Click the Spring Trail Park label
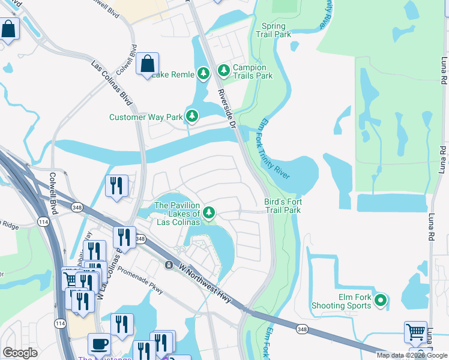coord(277,30)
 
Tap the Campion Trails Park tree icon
coord(224,71)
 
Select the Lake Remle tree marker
coord(203,74)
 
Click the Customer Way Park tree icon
coord(191,116)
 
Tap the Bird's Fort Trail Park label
coord(282,206)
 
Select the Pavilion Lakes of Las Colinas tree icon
coord(209,212)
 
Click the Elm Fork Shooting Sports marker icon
coord(379,300)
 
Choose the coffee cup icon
coord(100,344)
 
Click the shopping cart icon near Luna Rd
coord(415,332)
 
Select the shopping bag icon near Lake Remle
coord(147,64)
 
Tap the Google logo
coord(20,353)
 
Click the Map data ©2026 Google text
coord(412,355)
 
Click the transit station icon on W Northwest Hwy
coord(170,265)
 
